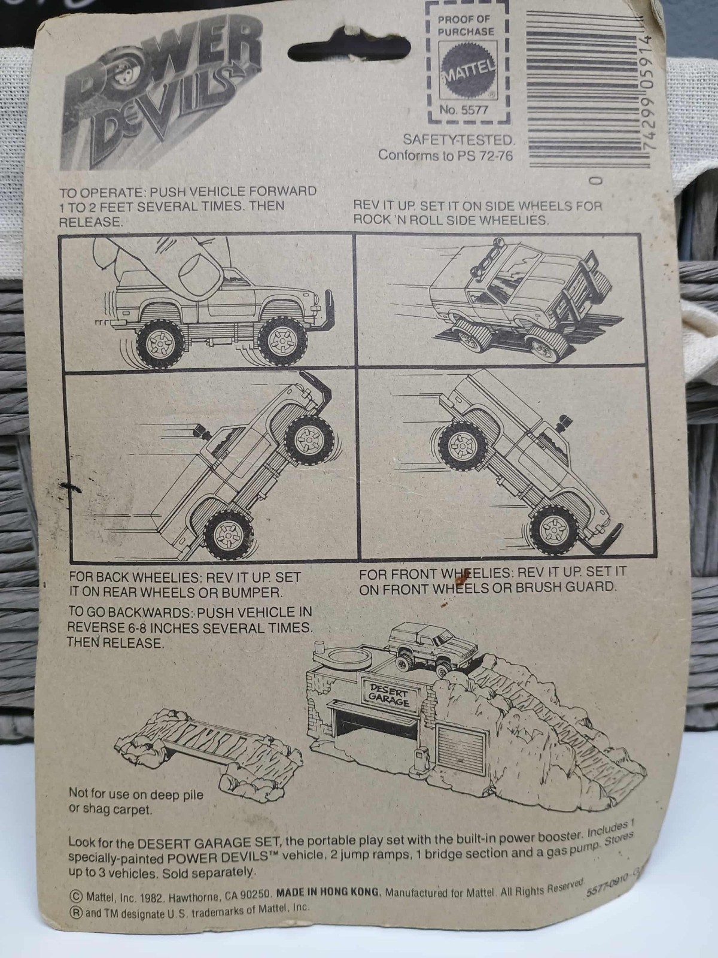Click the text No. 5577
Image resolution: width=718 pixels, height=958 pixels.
coord(464,110)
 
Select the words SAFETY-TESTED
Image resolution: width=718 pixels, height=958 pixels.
coord(458,140)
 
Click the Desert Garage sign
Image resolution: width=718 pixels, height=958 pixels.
coord(389,695)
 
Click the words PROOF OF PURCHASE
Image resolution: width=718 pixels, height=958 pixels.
coord(466,26)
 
